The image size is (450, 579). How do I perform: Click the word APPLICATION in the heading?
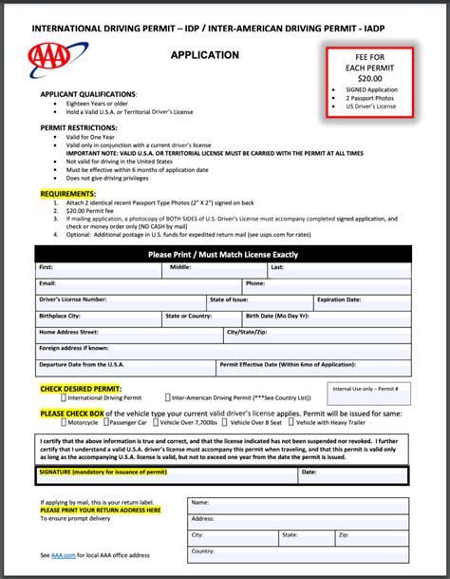point(204,55)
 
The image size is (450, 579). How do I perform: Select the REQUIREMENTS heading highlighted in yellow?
point(74,193)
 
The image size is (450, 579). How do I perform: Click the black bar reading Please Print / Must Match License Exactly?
point(223,255)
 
